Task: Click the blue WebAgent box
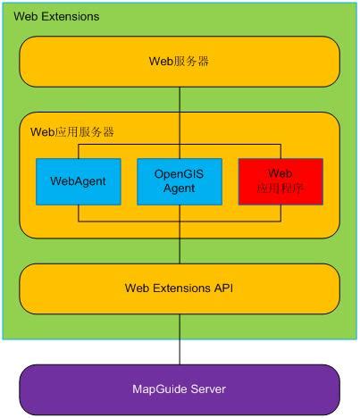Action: pos(78,181)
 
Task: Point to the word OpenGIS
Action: pos(179,174)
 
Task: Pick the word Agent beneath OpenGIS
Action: pos(179,189)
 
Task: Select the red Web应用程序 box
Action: pos(280,181)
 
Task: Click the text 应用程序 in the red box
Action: pos(280,189)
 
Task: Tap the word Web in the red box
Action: pos(280,174)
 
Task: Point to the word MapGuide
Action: pos(161,389)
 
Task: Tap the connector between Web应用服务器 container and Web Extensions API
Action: pos(180,252)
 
